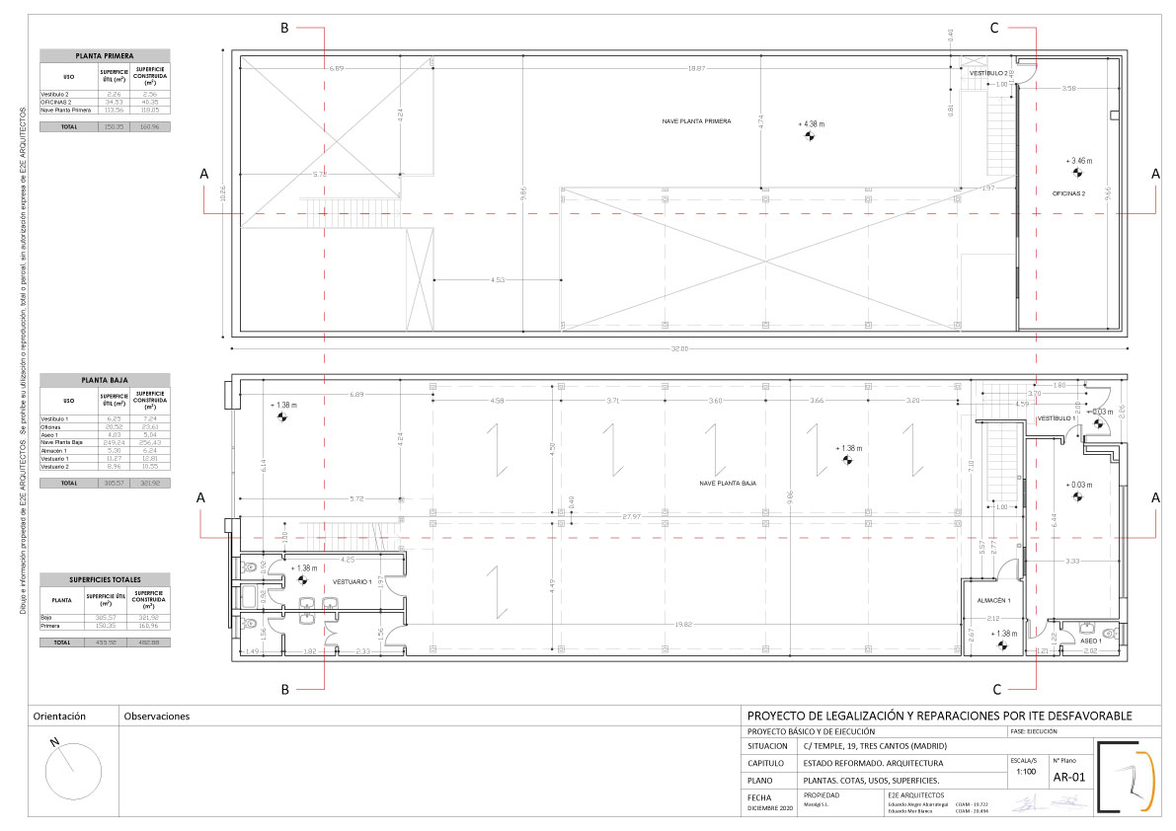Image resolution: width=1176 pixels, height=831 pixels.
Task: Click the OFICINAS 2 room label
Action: tap(1068, 193)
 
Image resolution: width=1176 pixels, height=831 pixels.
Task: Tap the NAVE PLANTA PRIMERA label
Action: tap(697, 120)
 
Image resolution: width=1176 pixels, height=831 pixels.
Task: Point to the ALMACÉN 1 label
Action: tap(994, 600)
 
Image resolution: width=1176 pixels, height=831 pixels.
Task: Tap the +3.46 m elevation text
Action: tap(1078, 160)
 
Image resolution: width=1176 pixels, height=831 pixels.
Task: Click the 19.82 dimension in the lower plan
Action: tap(683, 624)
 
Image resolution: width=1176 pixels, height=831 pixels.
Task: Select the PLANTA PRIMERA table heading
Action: tap(105, 56)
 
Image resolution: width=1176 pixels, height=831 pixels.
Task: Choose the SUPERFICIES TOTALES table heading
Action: tap(105, 579)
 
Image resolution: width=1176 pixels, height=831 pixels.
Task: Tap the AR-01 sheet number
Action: tap(1069, 778)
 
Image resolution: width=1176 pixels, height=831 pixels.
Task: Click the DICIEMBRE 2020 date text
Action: tap(770, 809)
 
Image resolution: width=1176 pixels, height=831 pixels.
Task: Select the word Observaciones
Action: tap(156, 717)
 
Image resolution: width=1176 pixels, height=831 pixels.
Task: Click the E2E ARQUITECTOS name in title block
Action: tap(915, 794)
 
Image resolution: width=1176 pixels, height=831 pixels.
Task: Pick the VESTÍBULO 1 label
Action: tap(1055, 418)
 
